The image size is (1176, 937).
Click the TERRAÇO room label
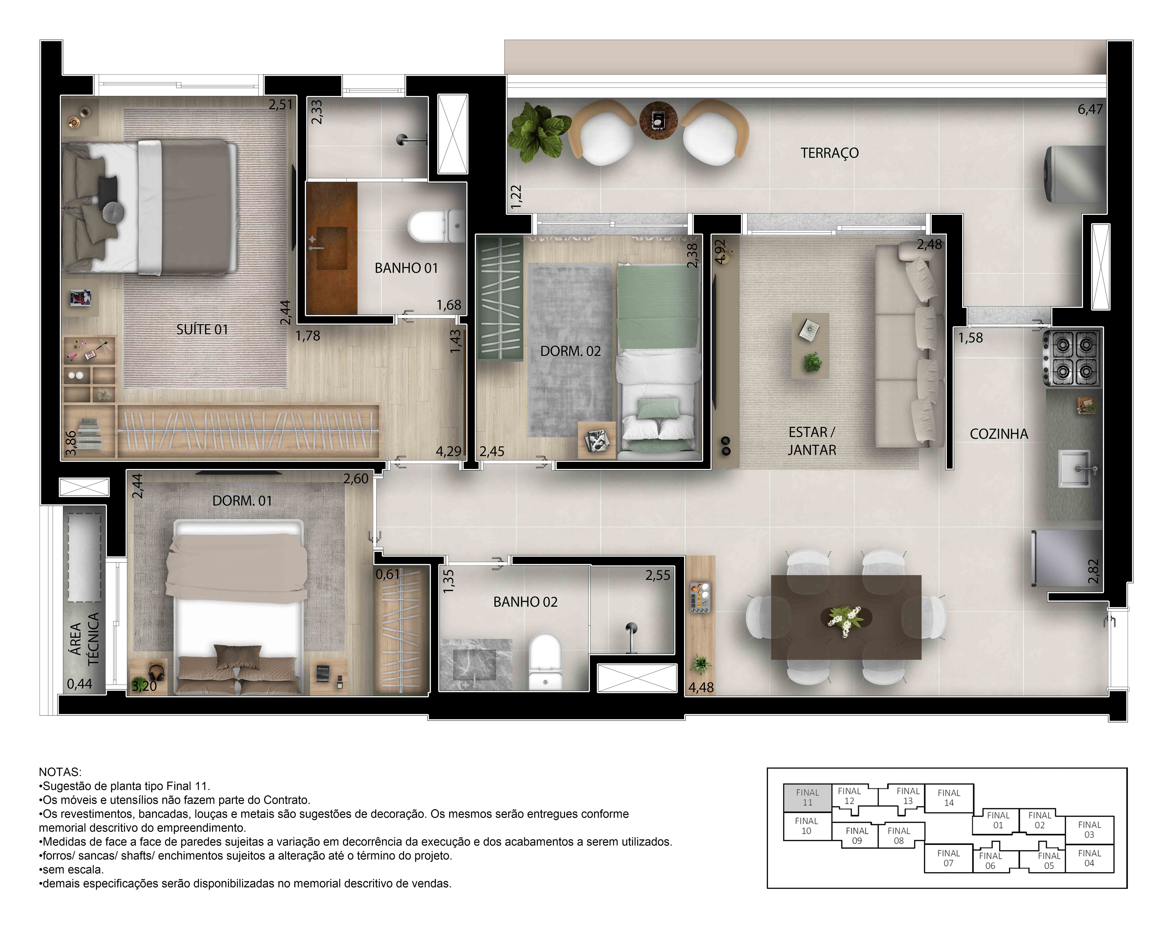829,153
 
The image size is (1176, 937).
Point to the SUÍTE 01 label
202,329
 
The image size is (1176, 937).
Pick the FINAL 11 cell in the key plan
807,797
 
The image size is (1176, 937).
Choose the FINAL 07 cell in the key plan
948,858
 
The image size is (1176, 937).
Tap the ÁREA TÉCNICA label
85,638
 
